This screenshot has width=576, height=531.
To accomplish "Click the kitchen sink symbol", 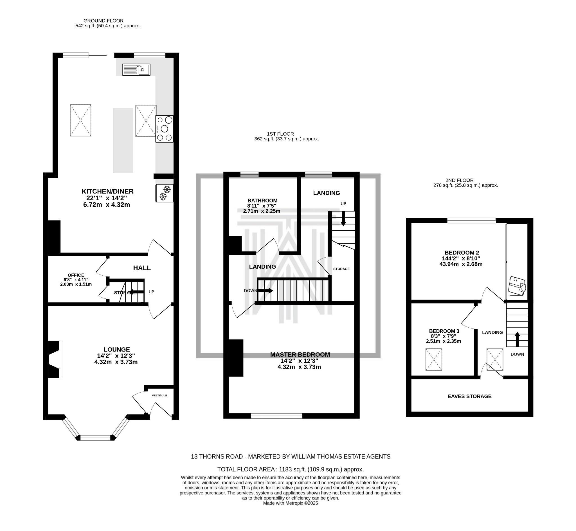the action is click(x=136, y=69).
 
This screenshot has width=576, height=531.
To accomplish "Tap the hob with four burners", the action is click(x=164, y=129).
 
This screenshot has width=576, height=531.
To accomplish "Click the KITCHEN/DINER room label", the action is click(x=107, y=191).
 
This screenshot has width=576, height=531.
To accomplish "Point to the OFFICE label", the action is click(x=76, y=275).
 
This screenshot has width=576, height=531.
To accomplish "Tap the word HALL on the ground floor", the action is click(x=142, y=268).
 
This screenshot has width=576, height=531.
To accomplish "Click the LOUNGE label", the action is click(x=117, y=349).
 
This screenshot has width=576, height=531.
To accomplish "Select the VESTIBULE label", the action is click(x=159, y=395).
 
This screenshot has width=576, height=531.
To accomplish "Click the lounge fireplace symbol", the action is click(x=55, y=359).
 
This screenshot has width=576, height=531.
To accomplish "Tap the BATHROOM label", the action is click(x=263, y=201).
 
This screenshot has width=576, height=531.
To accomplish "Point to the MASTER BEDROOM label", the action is click(x=300, y=355).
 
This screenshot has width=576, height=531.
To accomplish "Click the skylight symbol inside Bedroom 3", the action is click(x=434, y=359).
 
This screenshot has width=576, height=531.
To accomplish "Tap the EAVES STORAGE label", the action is click(x=469, y=396).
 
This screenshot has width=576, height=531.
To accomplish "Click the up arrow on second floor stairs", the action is click(x=517, y=339).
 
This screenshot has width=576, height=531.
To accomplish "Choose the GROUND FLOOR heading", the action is click(x=103, y=21).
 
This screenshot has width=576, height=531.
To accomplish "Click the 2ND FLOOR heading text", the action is click(x=459, y=180).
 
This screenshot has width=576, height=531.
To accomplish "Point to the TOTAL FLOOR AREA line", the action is click(x=291, y=469).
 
